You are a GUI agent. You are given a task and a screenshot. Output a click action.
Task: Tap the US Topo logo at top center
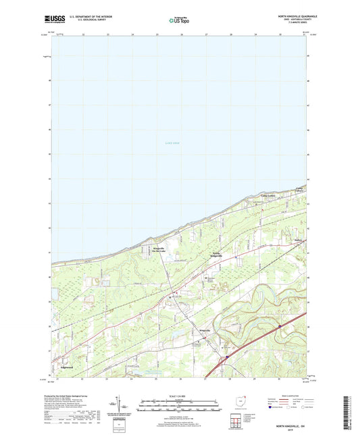[179, 20]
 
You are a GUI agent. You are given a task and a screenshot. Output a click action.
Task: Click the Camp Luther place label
[268, 197]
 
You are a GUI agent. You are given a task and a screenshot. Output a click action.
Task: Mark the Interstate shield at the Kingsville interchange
[227, 353]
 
